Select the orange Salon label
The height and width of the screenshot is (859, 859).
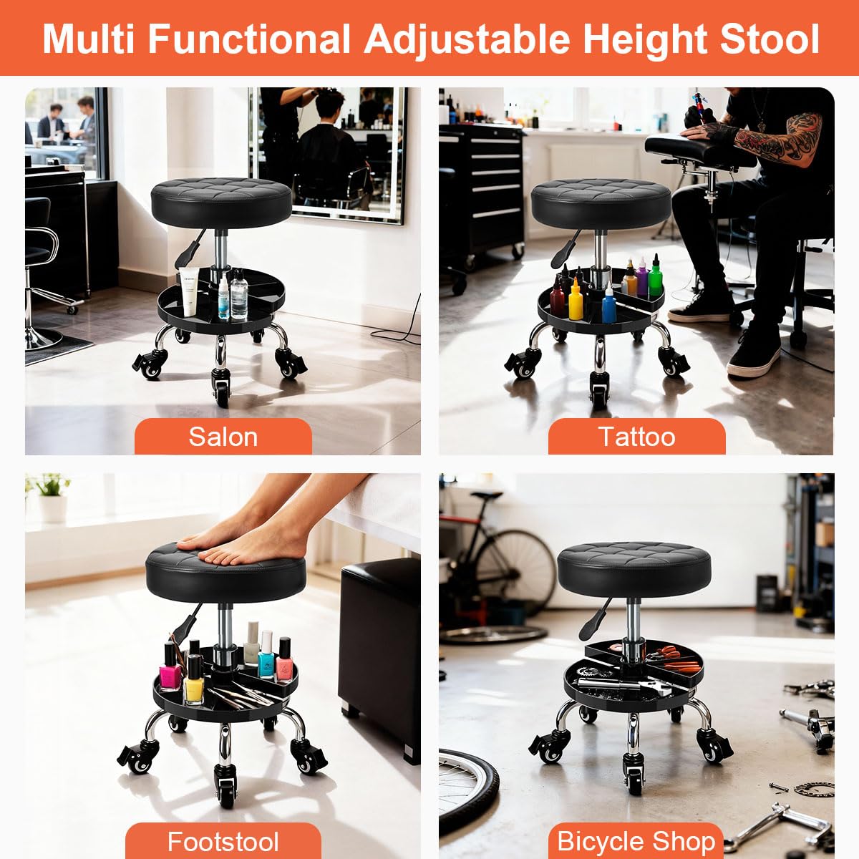(223, 437)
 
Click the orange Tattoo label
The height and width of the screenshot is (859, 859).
(636, 437)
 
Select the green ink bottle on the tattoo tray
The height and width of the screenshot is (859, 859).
(655, 276)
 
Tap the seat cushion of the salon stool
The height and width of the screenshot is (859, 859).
(221, 203)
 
